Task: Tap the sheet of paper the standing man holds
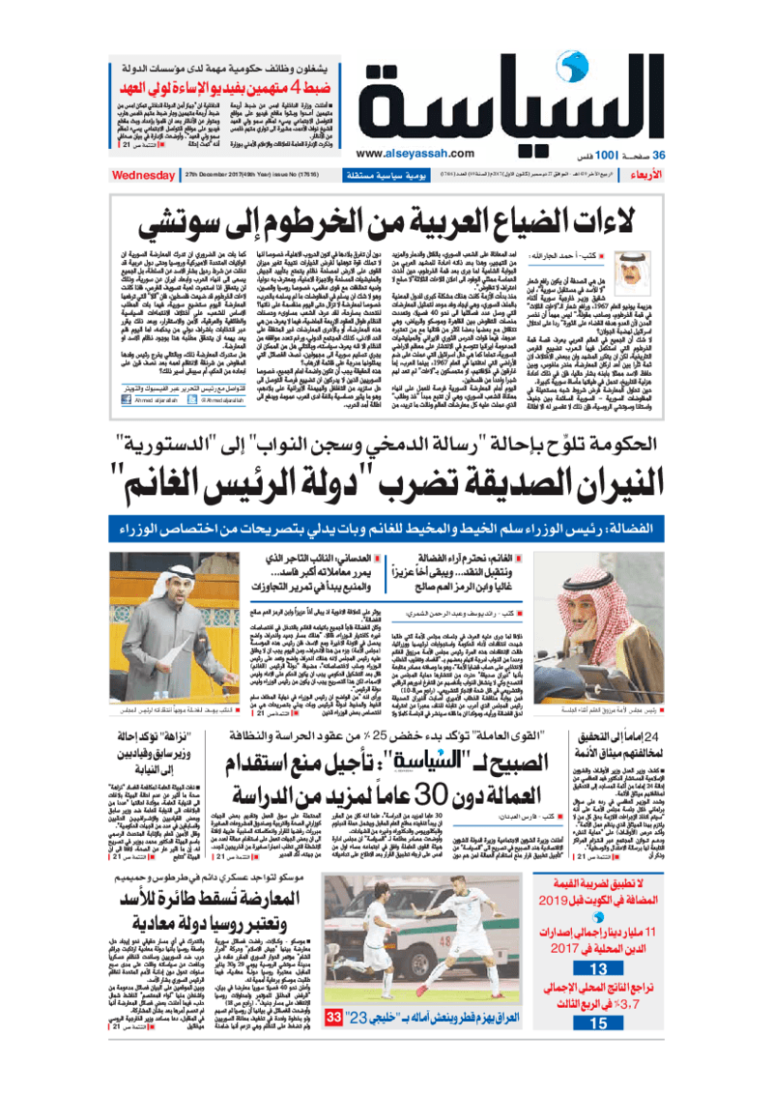(164, 657)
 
